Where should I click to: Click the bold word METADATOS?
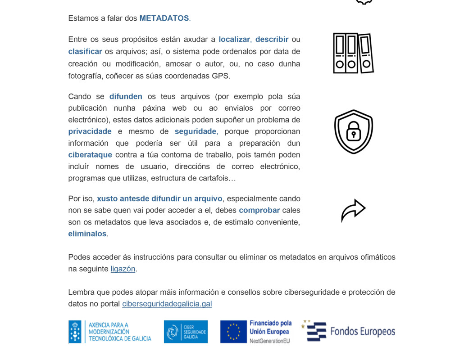(x=164, y=18)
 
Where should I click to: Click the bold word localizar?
(x=234, y=40)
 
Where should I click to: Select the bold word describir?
(x=272, y=40)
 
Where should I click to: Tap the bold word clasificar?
(x=85, y=52)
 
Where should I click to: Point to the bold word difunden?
(x=126, y=97)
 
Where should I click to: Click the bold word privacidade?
(x=90, y=132)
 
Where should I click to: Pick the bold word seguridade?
(x=196, y=132)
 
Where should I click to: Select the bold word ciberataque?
(x=90, y=155)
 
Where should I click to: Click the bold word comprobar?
(x=259, y=211)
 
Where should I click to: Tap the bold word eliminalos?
(x=87, y=234)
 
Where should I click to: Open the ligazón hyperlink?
(x=123, y=269)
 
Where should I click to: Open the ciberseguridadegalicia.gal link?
(x=167, y=304)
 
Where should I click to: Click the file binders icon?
(x=353, y=53)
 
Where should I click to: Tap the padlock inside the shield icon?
(x=354, y=132)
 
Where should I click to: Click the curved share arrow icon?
(x=353, y=210)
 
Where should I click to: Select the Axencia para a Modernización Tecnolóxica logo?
(x=110, y=332)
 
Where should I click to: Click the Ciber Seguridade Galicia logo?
(x=186, y=332)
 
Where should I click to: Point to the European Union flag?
(x=233, y=332)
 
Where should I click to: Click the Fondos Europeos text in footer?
(x=362, y=332)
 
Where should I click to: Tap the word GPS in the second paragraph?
(x=220, y=76)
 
